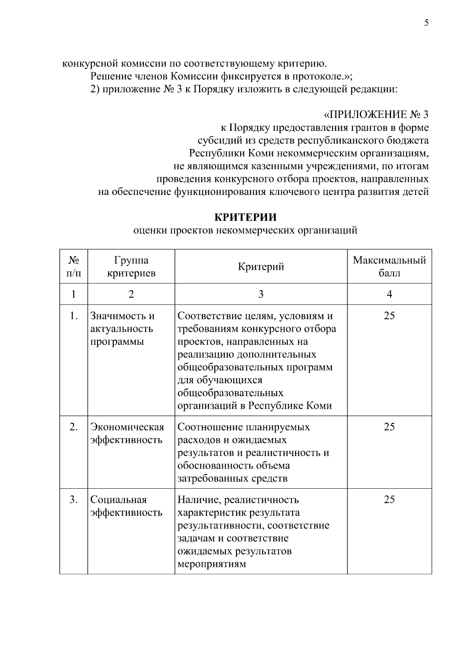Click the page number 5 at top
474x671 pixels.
[x=426, y=23]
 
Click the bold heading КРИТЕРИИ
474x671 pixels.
[x=245, y=217]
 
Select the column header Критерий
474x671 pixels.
[x=261, y=267]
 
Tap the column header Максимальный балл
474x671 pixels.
[x=389, y=267]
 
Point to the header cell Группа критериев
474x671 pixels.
[x=131, y=267]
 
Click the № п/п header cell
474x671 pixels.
[x=73, y=267]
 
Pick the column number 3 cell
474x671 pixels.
[x=261, y=294]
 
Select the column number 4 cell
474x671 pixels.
[x=389, y=294]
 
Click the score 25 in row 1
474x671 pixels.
[x=389, y=316]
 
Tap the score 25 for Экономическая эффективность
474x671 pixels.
[x=389, y=427]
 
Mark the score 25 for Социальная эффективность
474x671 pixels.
[x=389, y=499]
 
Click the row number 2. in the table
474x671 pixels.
[x=73, y=427]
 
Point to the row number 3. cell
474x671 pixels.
[x=73, y=499]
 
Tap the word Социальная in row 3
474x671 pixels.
[x=118, y=499]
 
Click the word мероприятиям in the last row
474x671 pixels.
[x=212, y=564]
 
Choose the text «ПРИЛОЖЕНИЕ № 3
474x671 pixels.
[x=376, y=115]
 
